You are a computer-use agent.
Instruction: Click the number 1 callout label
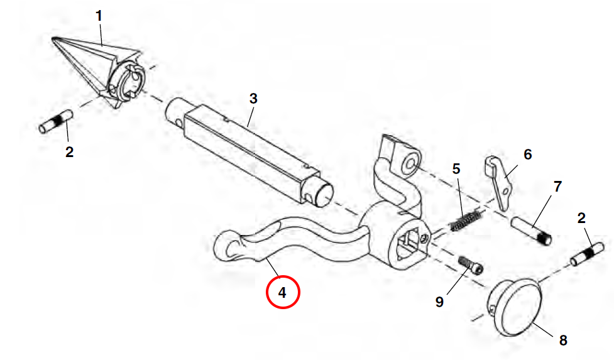click(99, 16)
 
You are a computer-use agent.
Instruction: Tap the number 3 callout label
click(253, 99)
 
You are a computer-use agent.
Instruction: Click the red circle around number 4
click(283, 292)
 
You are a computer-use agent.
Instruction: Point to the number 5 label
click(456, 169)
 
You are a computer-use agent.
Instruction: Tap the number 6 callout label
click(528, 155)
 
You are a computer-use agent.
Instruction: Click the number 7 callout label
click(557, 187)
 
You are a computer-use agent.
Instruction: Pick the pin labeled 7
click(532, 231)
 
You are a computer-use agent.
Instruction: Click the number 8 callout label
click(563, 341)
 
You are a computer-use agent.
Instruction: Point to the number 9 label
click(439, 302)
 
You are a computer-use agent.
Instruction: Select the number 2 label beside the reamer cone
click(69, 152)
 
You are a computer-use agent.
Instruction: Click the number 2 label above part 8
click(581, 218)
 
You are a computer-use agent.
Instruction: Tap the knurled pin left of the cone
click(55, 122)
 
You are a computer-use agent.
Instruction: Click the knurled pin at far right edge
click(588, 254)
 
